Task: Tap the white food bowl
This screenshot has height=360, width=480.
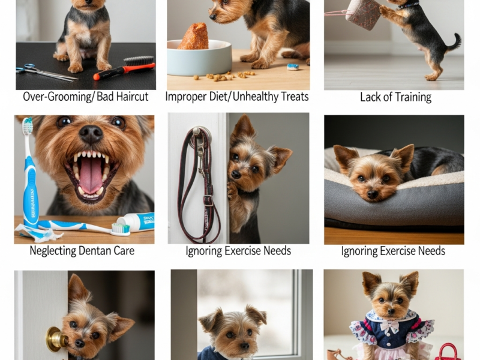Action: pyautogui.click(x=199, y=58)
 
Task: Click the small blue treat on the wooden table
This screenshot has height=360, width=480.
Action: pyautogui.click(x=293, y=67)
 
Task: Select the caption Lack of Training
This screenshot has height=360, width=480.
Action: pyautogui.click(x=395, y=97)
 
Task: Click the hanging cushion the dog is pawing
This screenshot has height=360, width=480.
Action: pyautogui.click(x=363, y=14)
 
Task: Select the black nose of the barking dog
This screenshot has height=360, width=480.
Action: pyautogui.click(x=91, y=134)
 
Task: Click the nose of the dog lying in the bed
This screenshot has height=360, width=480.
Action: pyautogui.click(x=372, y=194)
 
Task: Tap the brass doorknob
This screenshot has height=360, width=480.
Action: pyautogui.click(x=55, y=339)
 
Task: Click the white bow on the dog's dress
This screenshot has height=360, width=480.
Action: pyautogui.click(x=389, y=326)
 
